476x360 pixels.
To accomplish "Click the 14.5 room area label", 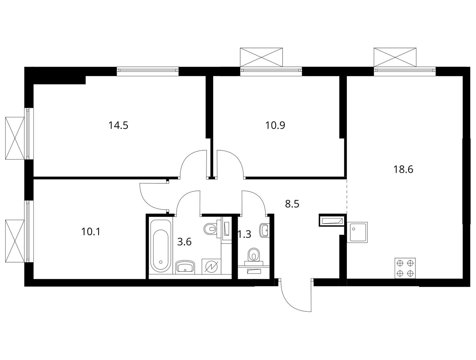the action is point(118,126).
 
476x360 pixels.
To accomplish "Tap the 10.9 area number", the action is point(275,125).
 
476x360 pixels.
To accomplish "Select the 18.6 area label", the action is point(403,169).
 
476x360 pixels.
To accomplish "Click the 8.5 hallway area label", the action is point(292,204).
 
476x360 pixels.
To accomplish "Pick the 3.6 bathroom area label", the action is point(184,242).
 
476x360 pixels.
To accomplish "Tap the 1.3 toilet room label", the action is point(245,234).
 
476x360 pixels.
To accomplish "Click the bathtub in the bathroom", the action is point(161,246).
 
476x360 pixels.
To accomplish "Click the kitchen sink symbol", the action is point(357,232).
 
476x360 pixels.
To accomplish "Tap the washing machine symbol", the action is point(211,266).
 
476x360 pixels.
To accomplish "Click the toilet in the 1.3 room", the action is point(254,257).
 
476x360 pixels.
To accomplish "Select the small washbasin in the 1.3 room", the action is point(264,230).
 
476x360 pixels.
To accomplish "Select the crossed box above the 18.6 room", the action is point(395,57).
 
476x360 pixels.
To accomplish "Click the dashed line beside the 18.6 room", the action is point(347,196).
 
